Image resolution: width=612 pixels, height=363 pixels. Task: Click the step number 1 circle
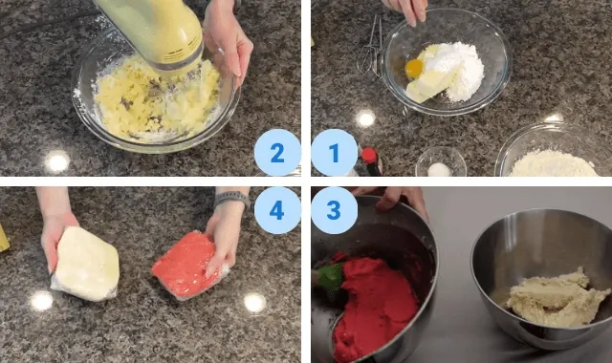(334, 153)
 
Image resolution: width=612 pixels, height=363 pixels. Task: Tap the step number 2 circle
(277, 153)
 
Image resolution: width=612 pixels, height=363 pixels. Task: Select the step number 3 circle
(334, 210)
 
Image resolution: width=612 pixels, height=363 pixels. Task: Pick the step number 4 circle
(277, 210)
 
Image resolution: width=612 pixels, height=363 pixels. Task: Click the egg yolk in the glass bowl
(414, 69)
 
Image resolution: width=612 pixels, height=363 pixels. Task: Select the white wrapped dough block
(85, 264)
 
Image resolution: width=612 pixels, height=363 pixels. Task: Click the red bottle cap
(369, 155)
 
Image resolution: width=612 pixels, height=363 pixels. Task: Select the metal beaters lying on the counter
(370, 49)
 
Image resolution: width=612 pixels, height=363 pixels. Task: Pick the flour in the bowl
(554, 163)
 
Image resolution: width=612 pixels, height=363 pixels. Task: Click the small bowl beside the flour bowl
(441, 161)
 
